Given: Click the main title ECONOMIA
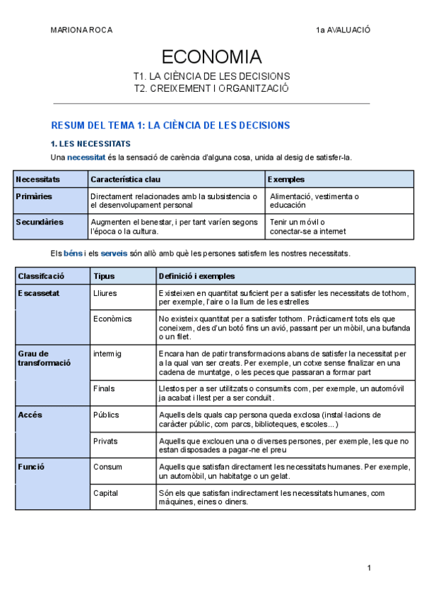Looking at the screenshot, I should tap(211, 57).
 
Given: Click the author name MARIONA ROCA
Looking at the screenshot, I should tap(81, 30).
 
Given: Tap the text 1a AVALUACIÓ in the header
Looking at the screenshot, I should tap(343, 30).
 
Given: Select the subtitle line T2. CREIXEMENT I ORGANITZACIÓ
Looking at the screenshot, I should tap(211, 88).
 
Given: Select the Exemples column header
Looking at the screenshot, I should tap(286, 179).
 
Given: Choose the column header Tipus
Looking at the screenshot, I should tap(104, 275).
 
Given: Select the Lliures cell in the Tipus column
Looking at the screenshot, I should tap(105, 292).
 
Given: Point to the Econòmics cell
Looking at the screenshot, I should tap(112, 319).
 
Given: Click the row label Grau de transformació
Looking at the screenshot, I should tap(44, 357).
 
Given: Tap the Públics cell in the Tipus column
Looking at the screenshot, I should tap(106, 415).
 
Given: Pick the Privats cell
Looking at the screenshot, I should tap(106, 441).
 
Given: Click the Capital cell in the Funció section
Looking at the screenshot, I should tap(106, 492).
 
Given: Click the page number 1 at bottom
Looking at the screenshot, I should tap(369, 568).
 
